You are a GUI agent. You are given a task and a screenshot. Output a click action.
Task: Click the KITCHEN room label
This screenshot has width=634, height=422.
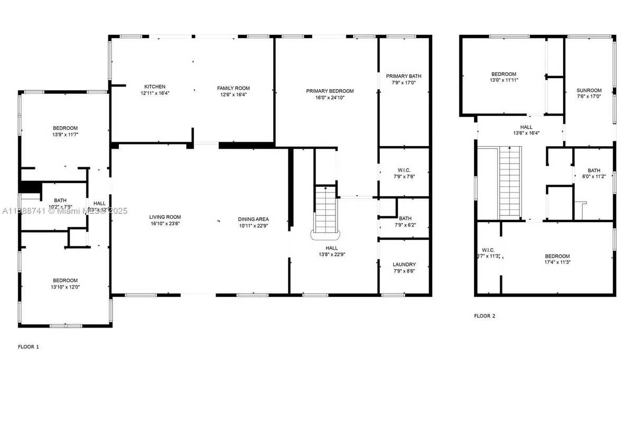[x=155, y=87]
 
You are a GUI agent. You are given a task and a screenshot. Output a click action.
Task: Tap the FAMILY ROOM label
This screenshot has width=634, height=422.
[x=233, y=88]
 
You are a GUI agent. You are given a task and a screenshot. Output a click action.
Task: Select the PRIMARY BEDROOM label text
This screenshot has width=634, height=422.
[x=330, y=91]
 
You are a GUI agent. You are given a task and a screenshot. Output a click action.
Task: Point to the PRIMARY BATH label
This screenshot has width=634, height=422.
[x=403, y=76]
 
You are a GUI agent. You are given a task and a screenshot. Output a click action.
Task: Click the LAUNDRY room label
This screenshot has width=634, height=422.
[x=404, y=265]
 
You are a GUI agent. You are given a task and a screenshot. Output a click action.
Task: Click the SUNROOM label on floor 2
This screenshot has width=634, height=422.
[x=589, y=90]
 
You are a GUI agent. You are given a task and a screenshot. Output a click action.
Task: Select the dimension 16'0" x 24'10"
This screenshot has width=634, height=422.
[x=330, y=98]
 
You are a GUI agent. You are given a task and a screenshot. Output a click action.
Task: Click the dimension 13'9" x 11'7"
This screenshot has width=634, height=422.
[x=65, y=135]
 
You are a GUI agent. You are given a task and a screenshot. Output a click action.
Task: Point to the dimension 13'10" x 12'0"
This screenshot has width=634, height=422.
[x=65, y=287]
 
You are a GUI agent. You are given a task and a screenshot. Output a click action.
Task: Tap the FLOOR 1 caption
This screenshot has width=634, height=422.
[x=29, y=347]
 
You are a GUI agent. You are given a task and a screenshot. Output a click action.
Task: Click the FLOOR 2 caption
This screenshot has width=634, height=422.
[x=484, y=316]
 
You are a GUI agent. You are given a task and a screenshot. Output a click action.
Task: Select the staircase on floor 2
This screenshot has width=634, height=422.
[x=511, y=182]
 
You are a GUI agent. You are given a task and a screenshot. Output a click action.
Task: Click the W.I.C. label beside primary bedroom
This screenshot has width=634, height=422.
[x=404, y=170]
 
